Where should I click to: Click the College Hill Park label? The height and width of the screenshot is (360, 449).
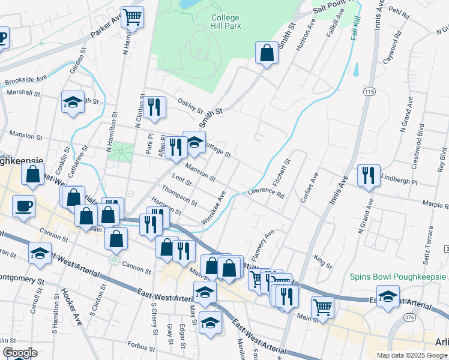[x=225, y=22]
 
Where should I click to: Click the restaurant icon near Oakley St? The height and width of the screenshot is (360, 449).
[x=156, y=107]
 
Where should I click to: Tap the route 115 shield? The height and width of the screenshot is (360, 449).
[x=369, y=91]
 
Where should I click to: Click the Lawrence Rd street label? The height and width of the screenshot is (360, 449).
[x=267, y=193]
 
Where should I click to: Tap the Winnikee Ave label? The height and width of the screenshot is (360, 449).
[x=213, y=208]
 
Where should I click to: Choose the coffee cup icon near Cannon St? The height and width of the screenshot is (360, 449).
[x=23, y=206]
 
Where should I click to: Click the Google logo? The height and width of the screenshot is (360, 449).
[x=19, y=353]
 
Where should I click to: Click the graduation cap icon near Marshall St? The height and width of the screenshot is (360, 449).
[x=73, y=102]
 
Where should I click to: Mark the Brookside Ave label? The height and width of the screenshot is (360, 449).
[x=26, y=80]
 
